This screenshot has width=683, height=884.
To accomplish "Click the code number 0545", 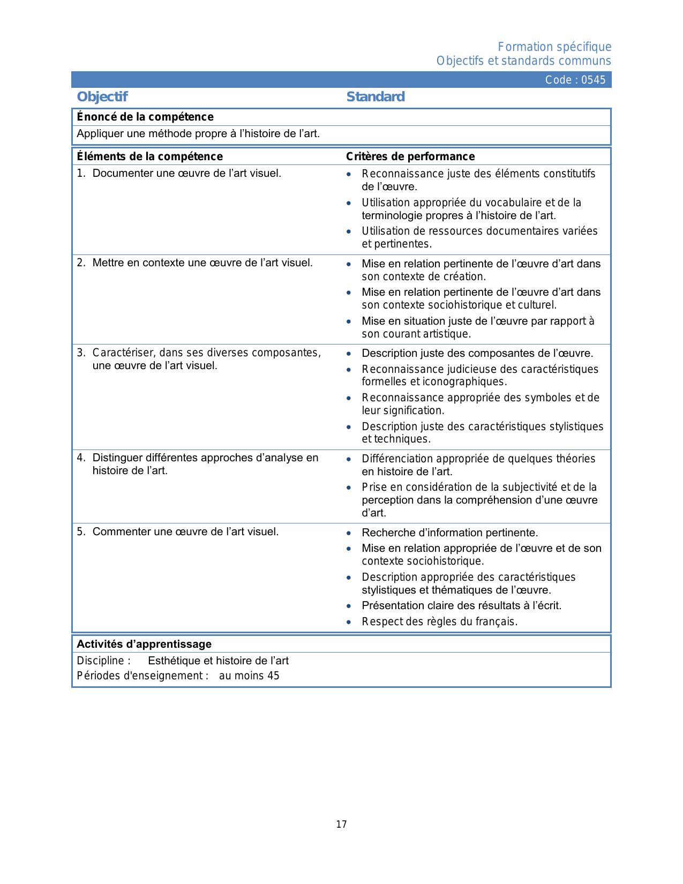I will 593,80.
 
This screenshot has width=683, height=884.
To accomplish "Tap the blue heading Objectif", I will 102,97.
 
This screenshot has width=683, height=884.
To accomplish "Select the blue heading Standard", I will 375,97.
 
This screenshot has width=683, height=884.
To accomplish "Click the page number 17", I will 341,825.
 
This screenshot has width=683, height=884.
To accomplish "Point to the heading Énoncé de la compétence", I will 145,117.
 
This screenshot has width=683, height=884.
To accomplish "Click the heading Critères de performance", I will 410,156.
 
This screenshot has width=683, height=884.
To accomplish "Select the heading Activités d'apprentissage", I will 144,644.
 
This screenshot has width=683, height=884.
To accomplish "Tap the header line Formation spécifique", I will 554,47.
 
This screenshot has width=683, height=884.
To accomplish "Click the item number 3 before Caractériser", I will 80,353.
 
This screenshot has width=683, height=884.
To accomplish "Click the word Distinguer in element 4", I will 117,458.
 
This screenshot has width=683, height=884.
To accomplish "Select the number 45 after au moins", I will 273,676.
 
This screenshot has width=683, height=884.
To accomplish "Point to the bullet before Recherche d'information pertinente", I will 349,533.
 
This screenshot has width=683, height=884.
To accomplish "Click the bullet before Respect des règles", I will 349,622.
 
